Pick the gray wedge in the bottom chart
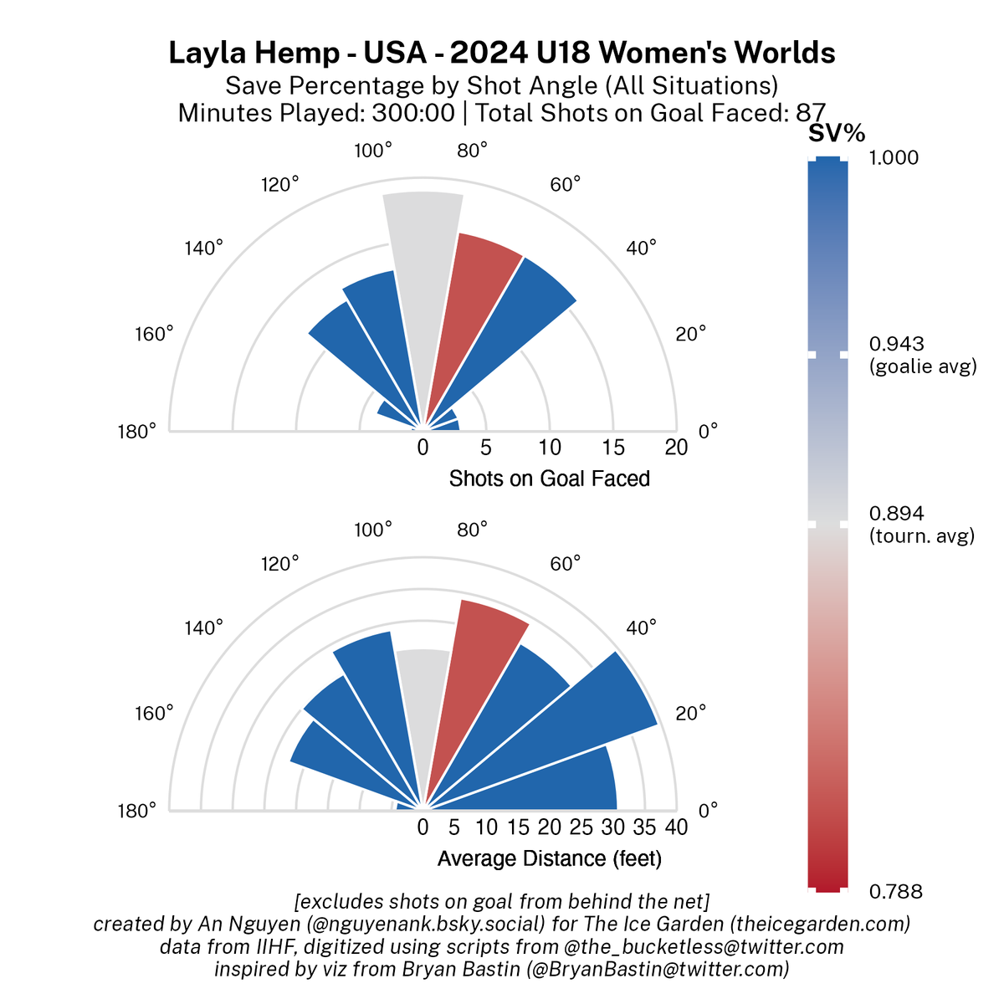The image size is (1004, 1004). pyautogui.click(x=423, y=711)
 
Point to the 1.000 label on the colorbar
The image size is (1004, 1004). pyautogui.click(x=894, y=158)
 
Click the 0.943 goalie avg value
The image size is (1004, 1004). pyautogui.click(x=897, y=344)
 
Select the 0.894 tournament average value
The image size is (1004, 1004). pyautogui.click(x=897, y=514)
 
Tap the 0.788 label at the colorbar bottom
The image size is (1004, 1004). pyautogui.click(x=896, y=892)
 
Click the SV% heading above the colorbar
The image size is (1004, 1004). pyautogui.click(x=837, y=133)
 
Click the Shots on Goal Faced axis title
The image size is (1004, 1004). pyautogui.click(x=549, y=479)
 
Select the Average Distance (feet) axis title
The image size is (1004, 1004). pyautogui.click(x=549, y=858)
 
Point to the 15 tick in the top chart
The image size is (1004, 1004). pyautogui.click(x=613, y=448)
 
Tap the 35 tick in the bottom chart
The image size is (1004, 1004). pyautogui.click(x=644, y=827)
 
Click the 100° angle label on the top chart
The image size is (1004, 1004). pyautogui.click(x=373, y=151)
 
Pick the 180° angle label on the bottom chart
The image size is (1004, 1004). pyautogui.click(x=136, y=810)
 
